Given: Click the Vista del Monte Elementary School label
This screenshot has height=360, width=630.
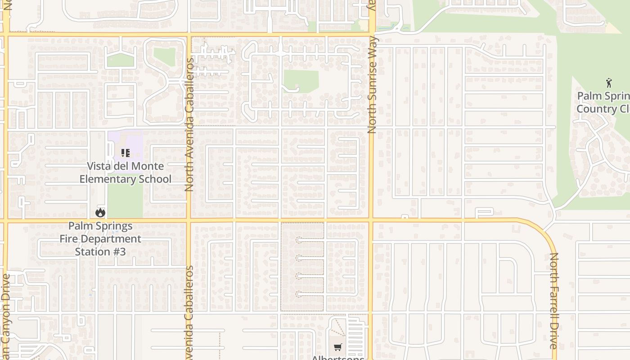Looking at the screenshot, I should point(126,173).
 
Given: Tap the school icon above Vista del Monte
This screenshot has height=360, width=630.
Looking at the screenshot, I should point(126,153).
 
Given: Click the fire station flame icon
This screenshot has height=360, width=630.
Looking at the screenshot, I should point(100,212).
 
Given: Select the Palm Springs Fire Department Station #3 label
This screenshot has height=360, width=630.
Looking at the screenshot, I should point(100,239).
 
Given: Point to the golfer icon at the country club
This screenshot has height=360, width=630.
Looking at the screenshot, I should point(609,83).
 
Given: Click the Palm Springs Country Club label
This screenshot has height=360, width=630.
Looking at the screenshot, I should point(603,103).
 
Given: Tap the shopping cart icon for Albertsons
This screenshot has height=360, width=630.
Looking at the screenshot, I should point(338,347).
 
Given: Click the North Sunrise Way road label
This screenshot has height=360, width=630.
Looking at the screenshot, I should point(372,85).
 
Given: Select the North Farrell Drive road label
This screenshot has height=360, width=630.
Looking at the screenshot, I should point(553,301).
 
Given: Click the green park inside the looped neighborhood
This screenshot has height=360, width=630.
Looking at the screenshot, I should point(301,81).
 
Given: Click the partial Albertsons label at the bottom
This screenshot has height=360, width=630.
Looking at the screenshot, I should point(338,357).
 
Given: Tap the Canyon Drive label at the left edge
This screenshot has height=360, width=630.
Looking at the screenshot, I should point(5,315).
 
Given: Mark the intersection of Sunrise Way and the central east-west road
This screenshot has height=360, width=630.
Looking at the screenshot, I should point(372,220).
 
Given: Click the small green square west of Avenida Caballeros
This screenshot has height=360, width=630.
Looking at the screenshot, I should point(164,57).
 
